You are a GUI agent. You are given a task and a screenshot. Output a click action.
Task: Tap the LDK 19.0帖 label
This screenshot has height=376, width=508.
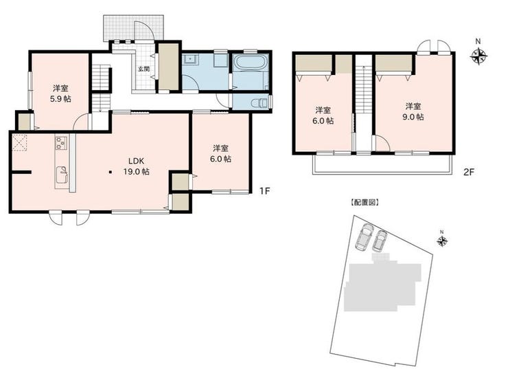[137, 166]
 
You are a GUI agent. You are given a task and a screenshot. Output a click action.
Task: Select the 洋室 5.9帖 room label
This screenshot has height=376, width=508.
[60, 93]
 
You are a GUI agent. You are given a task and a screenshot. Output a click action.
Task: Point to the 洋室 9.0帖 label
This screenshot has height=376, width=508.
[413, 111]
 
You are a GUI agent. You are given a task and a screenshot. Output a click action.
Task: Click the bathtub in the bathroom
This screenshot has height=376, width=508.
[250, 62]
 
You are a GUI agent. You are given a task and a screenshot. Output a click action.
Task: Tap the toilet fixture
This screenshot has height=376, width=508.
[259, 103]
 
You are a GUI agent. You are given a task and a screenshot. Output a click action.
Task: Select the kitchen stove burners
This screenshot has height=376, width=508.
[61, 143]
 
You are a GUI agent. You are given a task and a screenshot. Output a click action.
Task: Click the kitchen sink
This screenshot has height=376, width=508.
[62, 175]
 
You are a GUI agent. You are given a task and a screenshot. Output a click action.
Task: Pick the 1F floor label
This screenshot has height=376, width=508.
[264, 191]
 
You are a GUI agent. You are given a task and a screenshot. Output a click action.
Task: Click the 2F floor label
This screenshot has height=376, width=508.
[468, 172]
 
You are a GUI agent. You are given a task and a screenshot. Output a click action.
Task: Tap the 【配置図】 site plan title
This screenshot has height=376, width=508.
[365, 203]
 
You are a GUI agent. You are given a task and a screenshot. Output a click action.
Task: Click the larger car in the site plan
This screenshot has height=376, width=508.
[364, 237]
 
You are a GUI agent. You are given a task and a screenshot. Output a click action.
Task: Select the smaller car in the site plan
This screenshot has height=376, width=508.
[380, 241]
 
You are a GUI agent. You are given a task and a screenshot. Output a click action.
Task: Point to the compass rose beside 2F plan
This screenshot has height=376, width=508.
[479, 56]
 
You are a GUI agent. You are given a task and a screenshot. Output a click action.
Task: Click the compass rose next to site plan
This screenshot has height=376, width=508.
[442, 241]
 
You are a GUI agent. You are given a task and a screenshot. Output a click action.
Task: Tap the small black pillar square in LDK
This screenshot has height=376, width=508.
[111, 172]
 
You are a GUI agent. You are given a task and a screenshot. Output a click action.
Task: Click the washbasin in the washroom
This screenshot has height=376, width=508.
[190, 59]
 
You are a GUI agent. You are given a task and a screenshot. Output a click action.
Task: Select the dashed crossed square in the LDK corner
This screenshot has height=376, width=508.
[20, 143]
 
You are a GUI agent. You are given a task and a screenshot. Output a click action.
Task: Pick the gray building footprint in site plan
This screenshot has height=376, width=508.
[382, 285]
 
